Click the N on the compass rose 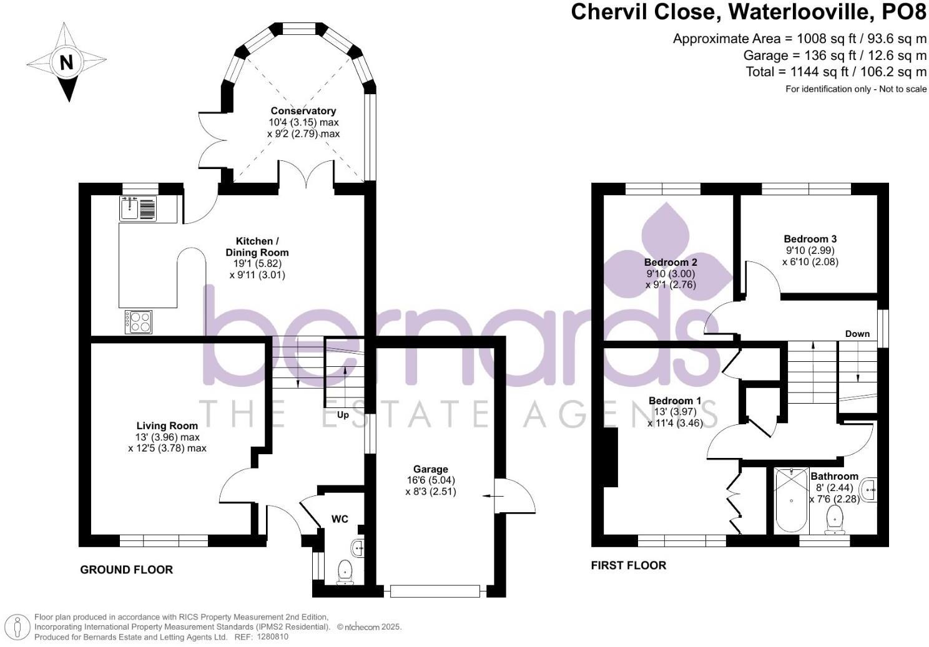(66, 62)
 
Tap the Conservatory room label (303, 110)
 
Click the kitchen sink (138, 208)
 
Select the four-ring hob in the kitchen (139, 322)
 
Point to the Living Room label (167, 426)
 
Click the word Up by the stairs (343, 415)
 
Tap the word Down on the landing (857, 334)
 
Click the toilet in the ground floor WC (345, 572)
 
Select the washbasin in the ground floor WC (358, 548)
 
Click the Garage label (431, 469)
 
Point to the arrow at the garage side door (493, 496)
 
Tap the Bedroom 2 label (671, 263)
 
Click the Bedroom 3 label (810, 239)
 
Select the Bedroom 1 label (675, 401)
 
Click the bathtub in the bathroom (791, 500)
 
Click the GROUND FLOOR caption (127, 570)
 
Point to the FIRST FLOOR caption (629, 565)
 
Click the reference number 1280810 (273, 636)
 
